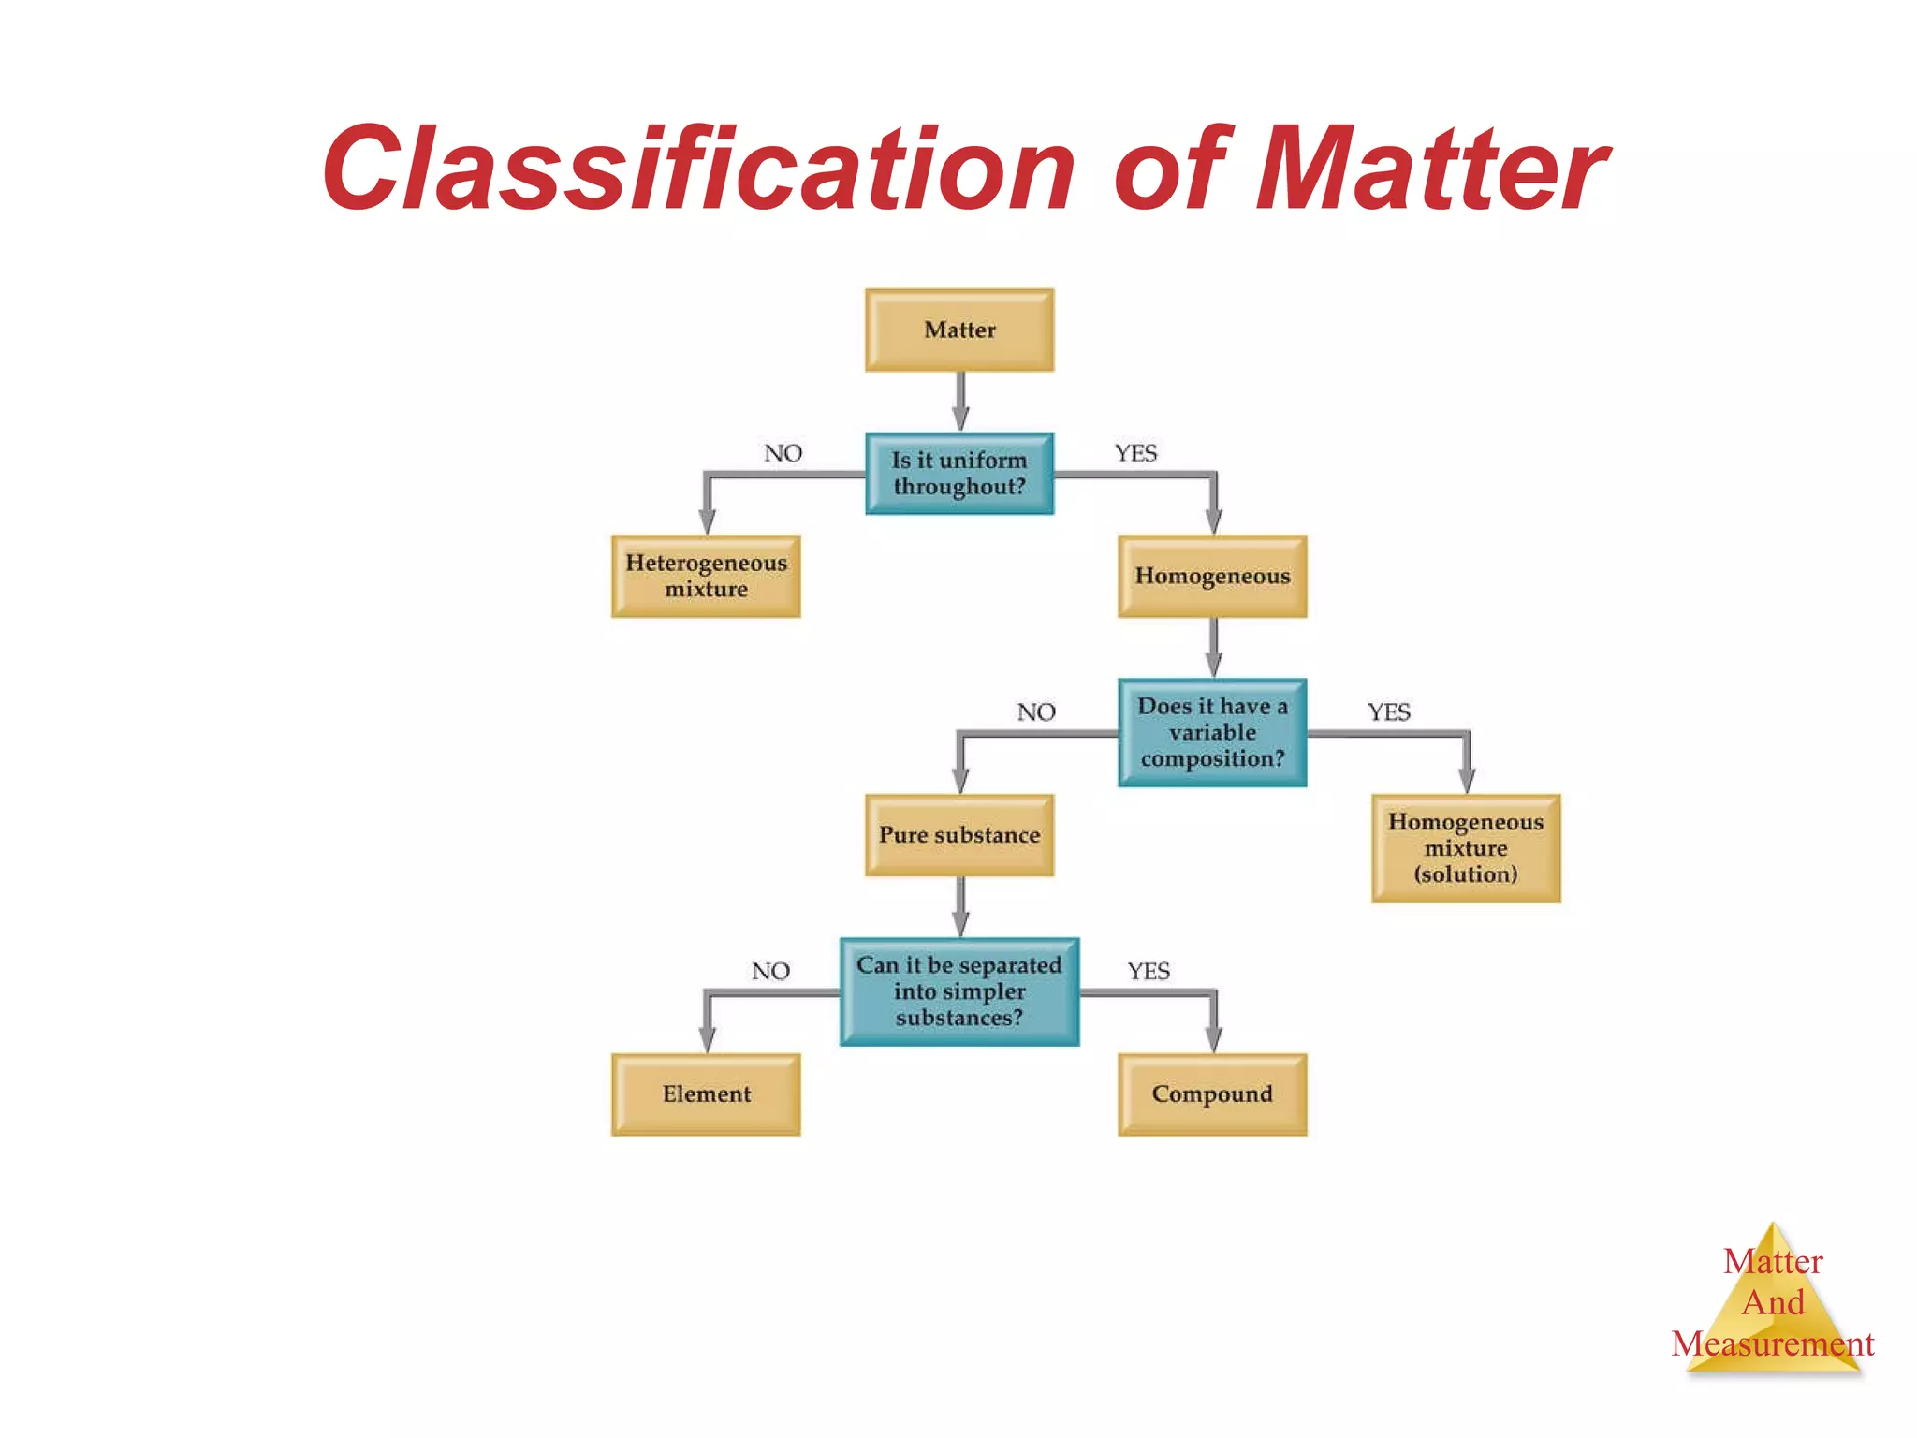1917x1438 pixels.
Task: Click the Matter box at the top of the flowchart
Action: pyautogui.click(x=959, y=330)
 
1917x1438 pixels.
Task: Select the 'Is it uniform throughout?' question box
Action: pyautogui.click(x=959, y=474)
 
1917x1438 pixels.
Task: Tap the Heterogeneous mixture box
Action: pyautogui.click(x=706, y=576)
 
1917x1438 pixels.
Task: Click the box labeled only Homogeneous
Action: pyautogui.click(x=1212, y=576)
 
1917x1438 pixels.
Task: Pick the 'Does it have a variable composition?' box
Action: pyautogui.click(x=1212, y=732)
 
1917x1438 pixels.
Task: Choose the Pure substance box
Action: pyautogui.click(x=959, y=835)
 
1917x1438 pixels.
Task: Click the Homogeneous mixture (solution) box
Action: pyautogui.click(x=1466, y=848)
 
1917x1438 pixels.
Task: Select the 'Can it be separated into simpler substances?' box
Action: pyautogui.click(x=959, y=991)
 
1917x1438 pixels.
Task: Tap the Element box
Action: pyautogui.click(x=706, y=1094)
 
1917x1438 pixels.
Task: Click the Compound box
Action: pyautogui.click(x=1212, y=1094)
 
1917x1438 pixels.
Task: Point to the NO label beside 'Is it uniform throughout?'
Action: pyautogui.click(x=783, y=454)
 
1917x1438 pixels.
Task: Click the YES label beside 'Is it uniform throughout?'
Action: pyautogui.click(x=1135, y=454)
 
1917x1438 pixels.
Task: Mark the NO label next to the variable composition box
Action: pyautogui.click(x=1036, y=712)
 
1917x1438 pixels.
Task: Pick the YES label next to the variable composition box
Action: pyautogui.click(x=1388, y=712)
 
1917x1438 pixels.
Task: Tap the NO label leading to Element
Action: pyautogui.click(x=770, y=972)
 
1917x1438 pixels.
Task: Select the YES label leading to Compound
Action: pyautogui.click(x=1149, y=972)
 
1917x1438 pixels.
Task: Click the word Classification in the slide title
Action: pyautogui.click(x=698, y=169)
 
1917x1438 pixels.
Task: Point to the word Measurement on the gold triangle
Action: pyautogui.click(x=1772, y=1344)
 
